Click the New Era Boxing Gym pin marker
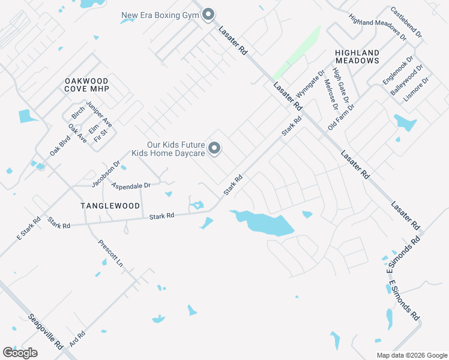point(208,14)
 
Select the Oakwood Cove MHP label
point(87,85)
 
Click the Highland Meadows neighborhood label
point(357,56)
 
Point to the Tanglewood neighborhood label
point(110,206)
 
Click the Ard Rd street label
point(77,339)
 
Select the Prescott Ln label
point(110,254)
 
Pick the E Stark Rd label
point(28,229)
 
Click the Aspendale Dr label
point(131,186)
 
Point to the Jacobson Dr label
point(106,173)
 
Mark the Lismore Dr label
point(417,88)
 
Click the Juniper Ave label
point(99,113)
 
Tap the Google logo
point(20,353)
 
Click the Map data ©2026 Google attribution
point(411,355)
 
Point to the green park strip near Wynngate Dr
point(298,52)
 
